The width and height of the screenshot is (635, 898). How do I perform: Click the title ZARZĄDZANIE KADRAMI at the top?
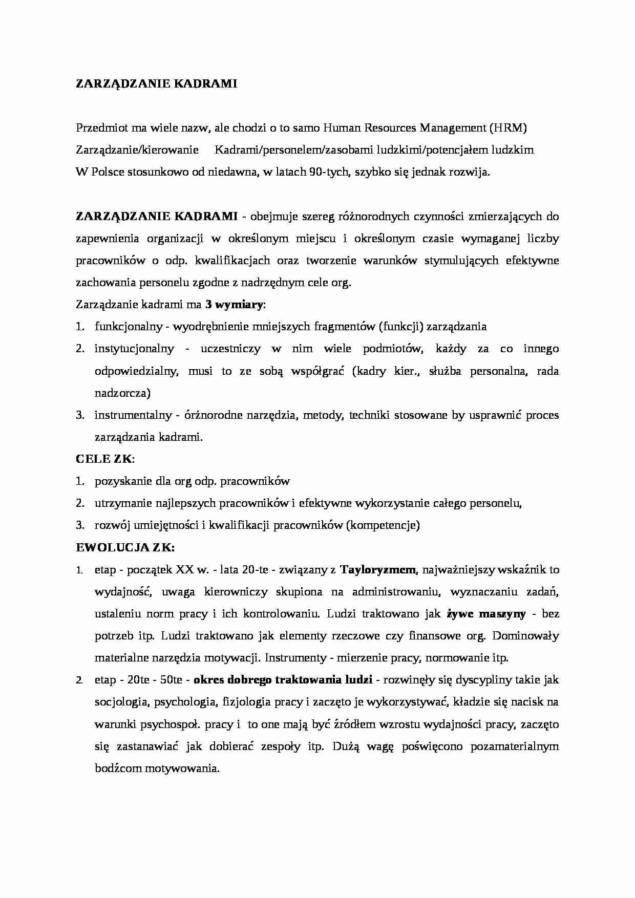pyautogui.click(x=156, y=84)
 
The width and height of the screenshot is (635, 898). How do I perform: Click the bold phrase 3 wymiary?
pyautogui.click(x=234, y=305)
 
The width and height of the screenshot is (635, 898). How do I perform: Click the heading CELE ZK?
pyautogui.click(x=104, y=459)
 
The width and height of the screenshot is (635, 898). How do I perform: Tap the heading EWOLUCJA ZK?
pyautogui.click(x=125, y=547)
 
